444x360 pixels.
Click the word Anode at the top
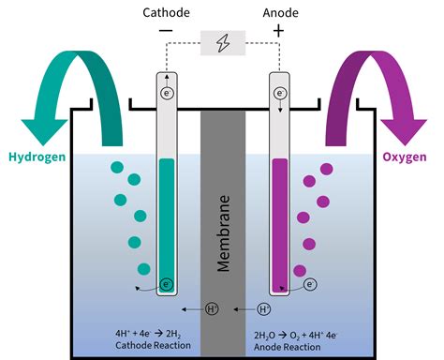[277, 14]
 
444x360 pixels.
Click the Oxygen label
[407, 156]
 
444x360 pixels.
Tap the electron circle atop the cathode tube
[167, 94]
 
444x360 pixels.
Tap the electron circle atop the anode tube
[279, 94]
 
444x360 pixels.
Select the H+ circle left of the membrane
[211, 308]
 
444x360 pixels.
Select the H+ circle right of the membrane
[264, 308]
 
